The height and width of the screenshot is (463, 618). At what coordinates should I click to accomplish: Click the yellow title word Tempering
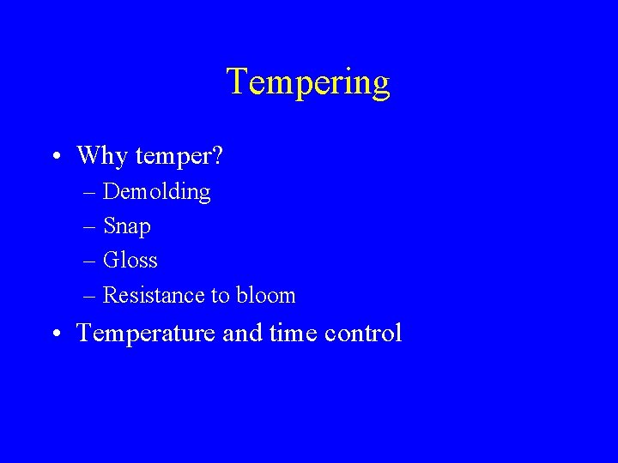coord(308,83)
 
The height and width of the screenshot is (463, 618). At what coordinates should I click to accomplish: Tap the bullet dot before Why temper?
coord(55,157)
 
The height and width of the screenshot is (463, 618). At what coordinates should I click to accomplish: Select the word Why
coord(103,155)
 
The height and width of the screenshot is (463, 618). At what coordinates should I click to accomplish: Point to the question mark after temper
coord(217,155)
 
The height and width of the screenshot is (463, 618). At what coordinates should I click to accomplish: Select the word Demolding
coord(156,191)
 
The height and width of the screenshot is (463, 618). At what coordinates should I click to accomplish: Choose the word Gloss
coord(130,260)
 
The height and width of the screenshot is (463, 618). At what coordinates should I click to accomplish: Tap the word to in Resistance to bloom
coord(221,296)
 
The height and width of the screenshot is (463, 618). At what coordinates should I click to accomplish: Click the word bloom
coord(266,295)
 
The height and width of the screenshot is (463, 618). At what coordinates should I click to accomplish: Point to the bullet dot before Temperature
coord(55,334)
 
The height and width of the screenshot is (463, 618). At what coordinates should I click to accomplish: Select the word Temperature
coord(146,334)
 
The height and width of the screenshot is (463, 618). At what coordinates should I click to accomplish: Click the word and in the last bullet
coord(241,333)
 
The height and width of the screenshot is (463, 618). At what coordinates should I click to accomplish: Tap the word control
coord(364,333)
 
